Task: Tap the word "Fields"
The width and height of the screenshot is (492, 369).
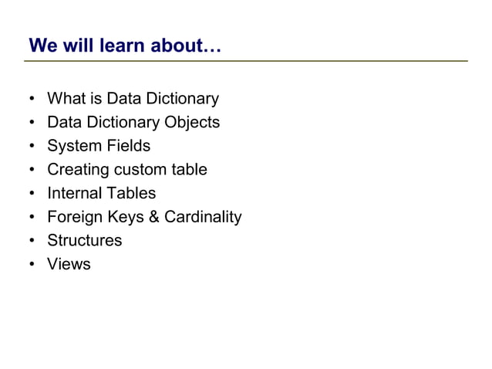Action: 129,146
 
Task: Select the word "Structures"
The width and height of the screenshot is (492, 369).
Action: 85,240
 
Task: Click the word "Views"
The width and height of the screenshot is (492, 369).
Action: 69,264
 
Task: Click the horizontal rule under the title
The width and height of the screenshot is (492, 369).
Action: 247,60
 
